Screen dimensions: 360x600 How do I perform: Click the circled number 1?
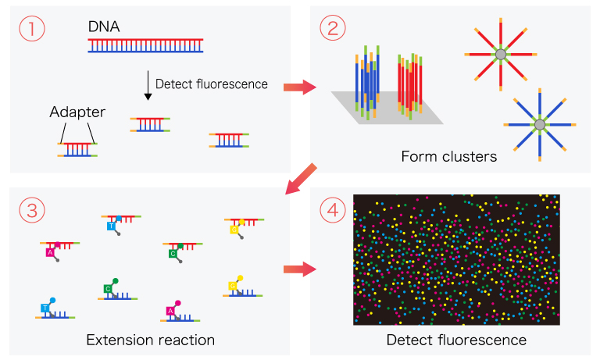click(x=32, y=29)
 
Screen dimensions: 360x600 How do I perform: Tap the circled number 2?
click(x=332, y=29)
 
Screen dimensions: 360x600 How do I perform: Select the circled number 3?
click(x=32, y=210)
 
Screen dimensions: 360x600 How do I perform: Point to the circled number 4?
click(x=332, y=210)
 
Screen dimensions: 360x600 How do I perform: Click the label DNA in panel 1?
click(x=104, y=27)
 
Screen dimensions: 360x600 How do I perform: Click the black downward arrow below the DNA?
click(x=146, y=85)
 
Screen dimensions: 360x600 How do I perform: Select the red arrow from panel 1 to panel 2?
click(x=298, y=85)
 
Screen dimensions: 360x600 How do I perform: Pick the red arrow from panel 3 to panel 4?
click(x=298, y=269)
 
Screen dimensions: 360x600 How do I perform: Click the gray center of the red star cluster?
click(x=500, y=54)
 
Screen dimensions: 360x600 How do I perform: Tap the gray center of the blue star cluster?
click(x=539, y=124)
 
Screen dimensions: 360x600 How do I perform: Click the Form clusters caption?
click(x=448, y=157)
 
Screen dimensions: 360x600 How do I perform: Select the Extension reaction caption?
click(x=150, y=340)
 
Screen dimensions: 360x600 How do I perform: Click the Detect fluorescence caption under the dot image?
click(x=456, y=340)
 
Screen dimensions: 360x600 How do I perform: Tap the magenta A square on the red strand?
click(x=50, y=252)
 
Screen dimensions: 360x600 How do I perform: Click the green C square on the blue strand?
click(x=109, y=289)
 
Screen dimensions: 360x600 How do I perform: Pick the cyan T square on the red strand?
click(x=112, y=225)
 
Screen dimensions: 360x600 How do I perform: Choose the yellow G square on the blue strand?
click(x=232, y=287)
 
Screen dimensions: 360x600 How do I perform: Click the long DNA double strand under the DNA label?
click(x=146, y=45)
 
